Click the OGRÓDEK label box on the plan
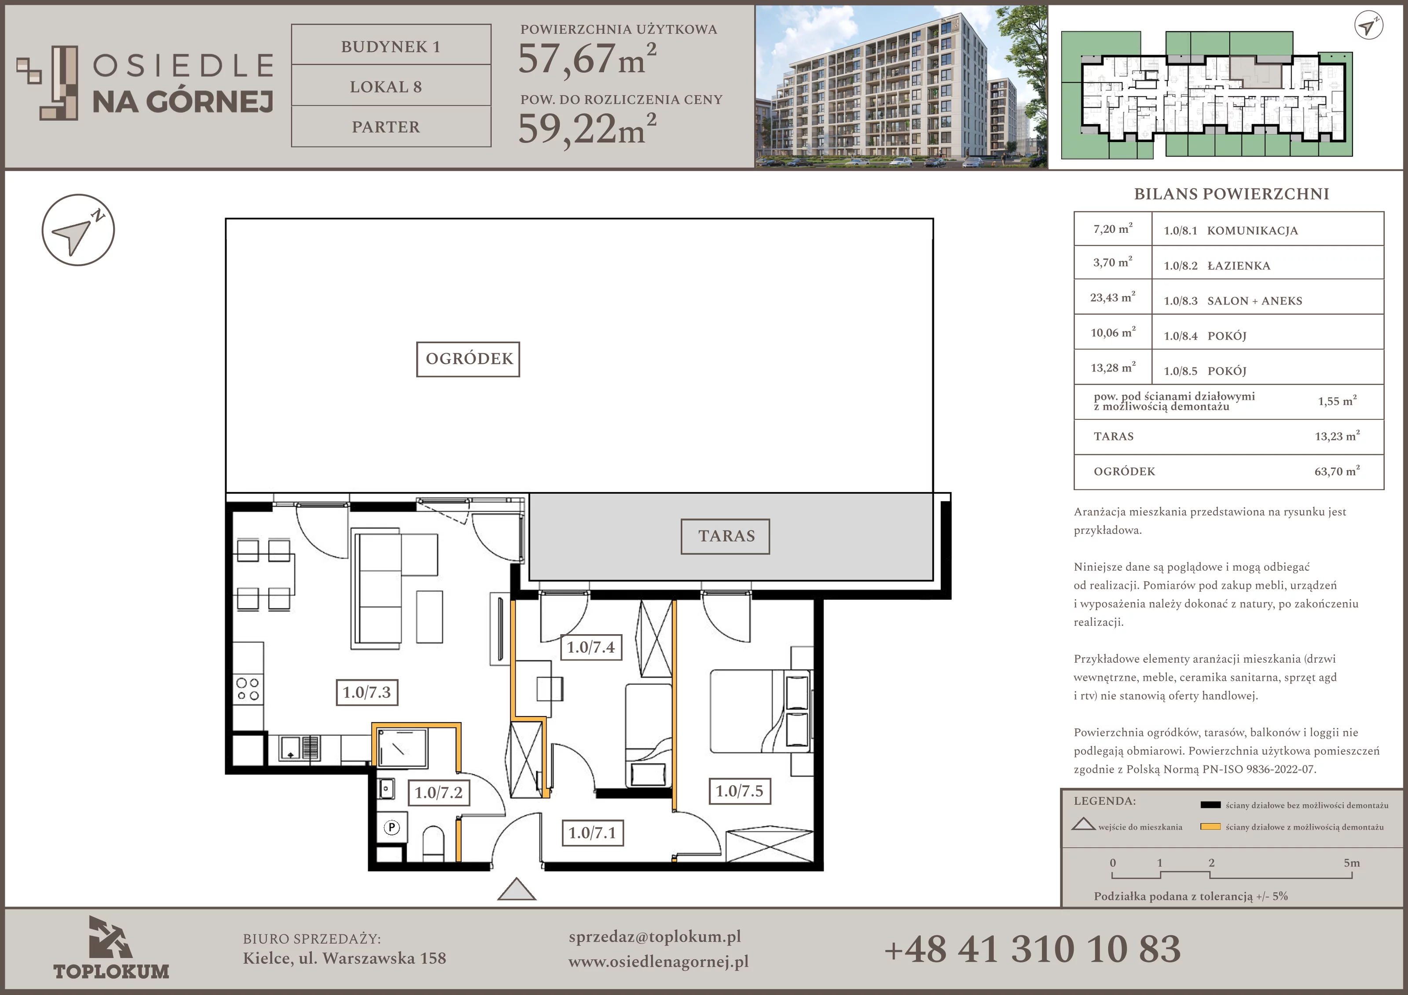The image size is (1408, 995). [468, 359]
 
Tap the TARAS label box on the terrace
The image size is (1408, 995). [726, 536]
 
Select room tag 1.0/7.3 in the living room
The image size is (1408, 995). [367, 693]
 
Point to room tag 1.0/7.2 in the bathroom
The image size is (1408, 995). [439, 793]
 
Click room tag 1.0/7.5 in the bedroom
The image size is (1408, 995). [740, 791]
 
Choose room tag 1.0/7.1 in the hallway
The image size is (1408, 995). [592, 833]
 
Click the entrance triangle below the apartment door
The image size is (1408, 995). [517, 889]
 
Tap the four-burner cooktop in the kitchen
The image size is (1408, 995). [248, 689]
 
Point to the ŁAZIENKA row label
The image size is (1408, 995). [1239, 266]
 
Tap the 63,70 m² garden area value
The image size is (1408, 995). [1337, 471]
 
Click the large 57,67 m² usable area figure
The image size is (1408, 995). [587, 59]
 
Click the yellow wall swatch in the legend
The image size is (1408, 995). [1210, 827]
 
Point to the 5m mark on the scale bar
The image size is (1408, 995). [1352, 863]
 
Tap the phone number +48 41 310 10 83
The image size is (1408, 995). [1033, 949]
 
